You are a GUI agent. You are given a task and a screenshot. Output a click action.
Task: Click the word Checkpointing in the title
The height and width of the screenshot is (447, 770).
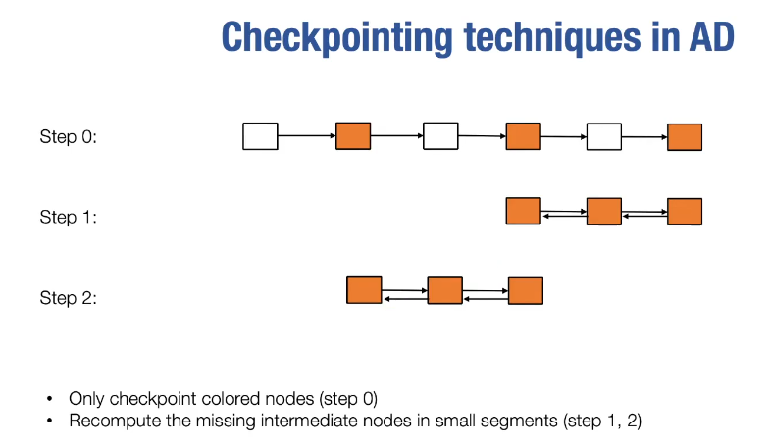coord(336,37)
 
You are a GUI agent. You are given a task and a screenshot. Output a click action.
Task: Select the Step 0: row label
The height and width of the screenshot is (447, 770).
coord(69,136)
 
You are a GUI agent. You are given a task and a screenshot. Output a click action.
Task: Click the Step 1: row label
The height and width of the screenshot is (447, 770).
coord(69,217)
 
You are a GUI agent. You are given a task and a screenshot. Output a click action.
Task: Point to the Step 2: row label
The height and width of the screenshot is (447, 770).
coord(69,297)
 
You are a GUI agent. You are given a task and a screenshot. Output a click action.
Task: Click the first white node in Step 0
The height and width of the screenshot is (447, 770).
coord(260,136)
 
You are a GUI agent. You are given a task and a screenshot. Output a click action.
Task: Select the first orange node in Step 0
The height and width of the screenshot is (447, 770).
coord(353,136)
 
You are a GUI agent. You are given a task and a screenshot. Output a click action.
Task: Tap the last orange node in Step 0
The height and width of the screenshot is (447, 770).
coord(685,137)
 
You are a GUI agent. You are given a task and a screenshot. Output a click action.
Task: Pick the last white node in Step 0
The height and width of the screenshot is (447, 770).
coord(604,136)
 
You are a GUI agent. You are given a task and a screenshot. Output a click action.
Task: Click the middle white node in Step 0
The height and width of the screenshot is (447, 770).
coord(440,136)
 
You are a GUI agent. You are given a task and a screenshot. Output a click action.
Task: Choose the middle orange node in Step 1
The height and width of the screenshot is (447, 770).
coord(604,212)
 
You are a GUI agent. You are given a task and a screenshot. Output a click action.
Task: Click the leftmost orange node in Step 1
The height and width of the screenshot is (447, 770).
coord(524,211)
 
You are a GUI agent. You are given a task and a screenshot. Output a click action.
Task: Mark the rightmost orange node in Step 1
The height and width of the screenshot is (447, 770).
coord(685,212)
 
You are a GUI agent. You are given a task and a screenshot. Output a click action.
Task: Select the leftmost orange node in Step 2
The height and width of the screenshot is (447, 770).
coord(364,290)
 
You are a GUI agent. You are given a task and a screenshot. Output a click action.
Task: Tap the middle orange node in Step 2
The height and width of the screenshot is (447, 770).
coord(445,290)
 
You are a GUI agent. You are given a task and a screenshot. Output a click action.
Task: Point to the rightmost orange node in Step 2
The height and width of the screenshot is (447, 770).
coord(526,290)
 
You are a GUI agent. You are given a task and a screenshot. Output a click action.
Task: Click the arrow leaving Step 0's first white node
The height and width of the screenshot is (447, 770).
coord(307,135)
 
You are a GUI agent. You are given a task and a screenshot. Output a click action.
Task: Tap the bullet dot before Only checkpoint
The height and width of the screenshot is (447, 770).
coord(49,399)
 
